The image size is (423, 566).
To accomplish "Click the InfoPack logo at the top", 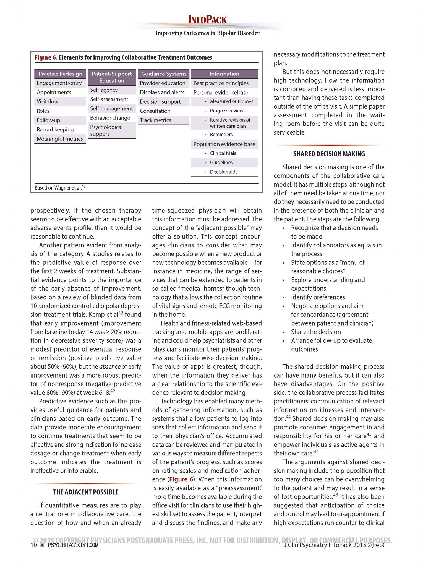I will click(207, 20).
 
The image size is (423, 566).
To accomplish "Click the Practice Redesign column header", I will click(60, 74).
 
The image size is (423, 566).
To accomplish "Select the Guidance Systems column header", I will click(164, 74).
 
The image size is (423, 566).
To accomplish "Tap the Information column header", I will click(224, 74).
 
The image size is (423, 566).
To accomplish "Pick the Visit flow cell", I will click(48, 101).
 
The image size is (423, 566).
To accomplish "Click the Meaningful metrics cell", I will click(60, 139).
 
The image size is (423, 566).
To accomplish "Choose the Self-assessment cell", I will click(109, 99).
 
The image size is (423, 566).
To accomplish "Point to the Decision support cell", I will click(160, 102).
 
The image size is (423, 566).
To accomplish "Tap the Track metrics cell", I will click(155, 120).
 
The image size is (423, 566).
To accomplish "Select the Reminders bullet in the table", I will click(221, 135).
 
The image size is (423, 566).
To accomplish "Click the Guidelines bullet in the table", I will click(221, 163).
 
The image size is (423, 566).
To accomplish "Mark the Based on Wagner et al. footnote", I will click(60, 188).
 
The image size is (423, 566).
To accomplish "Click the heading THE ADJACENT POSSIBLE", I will click(86, 492).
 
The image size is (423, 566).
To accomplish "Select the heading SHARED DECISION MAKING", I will click(329, 154).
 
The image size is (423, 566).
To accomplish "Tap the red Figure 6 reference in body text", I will click(181, 479).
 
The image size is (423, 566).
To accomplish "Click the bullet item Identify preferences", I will click(318, 297).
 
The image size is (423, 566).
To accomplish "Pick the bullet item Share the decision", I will click(316, 332).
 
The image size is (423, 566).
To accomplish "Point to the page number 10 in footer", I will click(33, 545).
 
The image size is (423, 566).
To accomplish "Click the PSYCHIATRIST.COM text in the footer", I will click(73, 545).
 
